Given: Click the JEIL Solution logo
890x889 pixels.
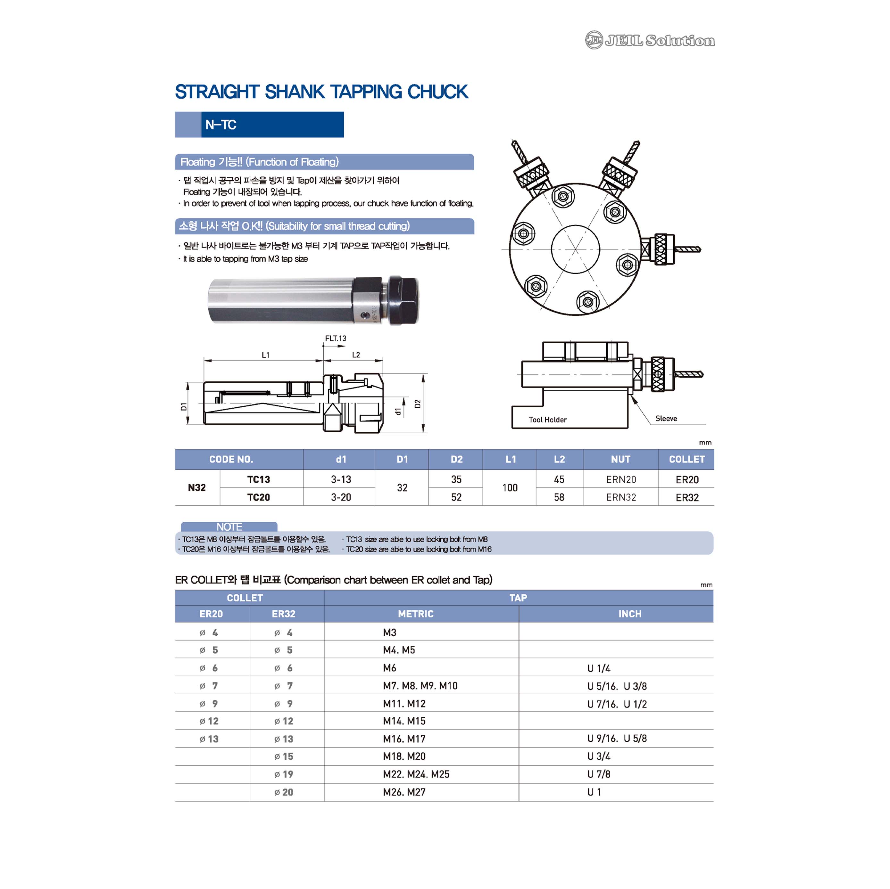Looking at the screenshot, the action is click(650, 41).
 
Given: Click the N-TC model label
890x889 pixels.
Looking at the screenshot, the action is click(221, 125).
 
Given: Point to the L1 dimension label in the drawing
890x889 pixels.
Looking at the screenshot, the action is click(265, 355).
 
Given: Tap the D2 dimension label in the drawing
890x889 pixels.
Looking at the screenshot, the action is click(417, 404).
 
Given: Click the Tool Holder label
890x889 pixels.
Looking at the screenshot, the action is click(548, 420).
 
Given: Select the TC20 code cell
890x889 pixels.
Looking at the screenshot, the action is click(258, 497).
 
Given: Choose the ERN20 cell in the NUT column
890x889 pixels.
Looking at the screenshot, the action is click(621, 479).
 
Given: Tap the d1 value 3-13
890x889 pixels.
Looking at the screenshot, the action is click(341, 479).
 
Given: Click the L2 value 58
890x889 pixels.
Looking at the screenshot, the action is click(559, 497).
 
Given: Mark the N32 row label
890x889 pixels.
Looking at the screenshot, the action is click(197, 487).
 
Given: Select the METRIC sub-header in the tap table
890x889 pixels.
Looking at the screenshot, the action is click(416, 614).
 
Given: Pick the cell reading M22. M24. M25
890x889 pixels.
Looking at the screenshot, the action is click(416, 774).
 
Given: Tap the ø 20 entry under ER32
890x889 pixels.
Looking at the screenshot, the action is click(283, 792).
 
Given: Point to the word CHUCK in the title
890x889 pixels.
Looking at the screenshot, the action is click(438, 92).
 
